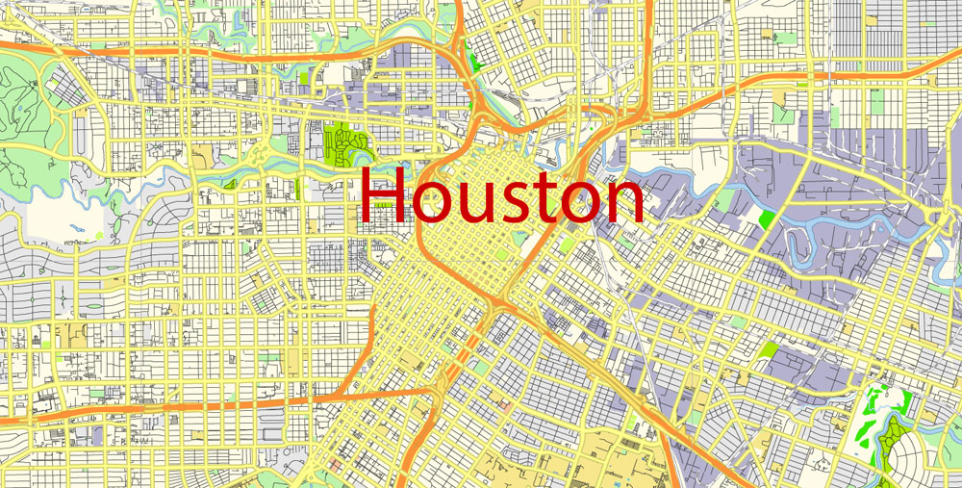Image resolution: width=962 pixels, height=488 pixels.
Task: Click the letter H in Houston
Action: (382, 196)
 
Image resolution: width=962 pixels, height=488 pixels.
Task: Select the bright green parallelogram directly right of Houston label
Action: (767, 218)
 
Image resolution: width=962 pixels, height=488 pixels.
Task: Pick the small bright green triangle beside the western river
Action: (230, 183)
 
